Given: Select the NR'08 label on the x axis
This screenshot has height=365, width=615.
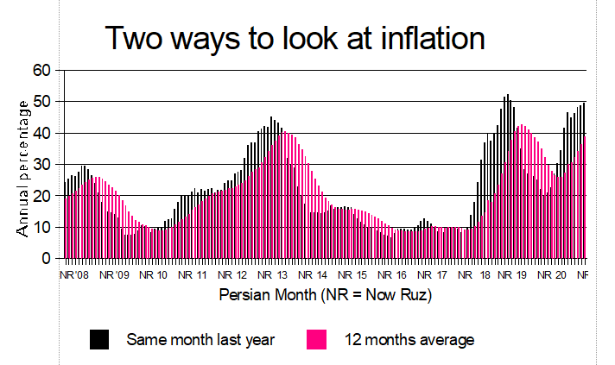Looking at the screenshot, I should pyautogui.click(x=73, y=275).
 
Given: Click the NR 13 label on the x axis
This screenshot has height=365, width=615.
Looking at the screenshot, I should pyautogui.click(x=275, y=275).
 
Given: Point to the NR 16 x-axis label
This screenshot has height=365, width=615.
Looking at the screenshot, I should pyautogui.click(x=395, y=275).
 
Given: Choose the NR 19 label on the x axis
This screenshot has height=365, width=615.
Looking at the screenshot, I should pyautogui.click(x=515, y=275).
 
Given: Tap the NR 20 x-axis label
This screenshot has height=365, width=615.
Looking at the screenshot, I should pyautogui.click(x=555, y=275).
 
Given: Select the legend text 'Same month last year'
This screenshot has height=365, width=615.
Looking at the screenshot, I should pyautogui.click(x=200, y=340).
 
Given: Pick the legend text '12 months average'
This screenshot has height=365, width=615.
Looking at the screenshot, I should pyautogui.click(x=410, y=340).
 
